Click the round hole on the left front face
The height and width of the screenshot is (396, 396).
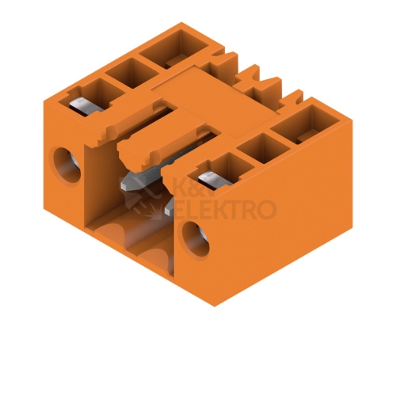pyautogui.click(x=67, y=166)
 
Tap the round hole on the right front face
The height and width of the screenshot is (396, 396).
pyautogui.click(x=196, y=239)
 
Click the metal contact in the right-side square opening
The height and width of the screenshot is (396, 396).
pyautogui.click(x=215, y=181)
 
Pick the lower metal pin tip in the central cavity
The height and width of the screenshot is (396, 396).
pyautogui.click(x=169, y=208)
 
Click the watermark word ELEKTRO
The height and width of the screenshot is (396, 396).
pyautogui.click(x=225, y=210)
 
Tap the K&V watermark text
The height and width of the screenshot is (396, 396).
pyautogui.click(x=195, y=186)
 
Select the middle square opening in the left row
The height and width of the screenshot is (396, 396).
pyautogui.click(x=131, y=72)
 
